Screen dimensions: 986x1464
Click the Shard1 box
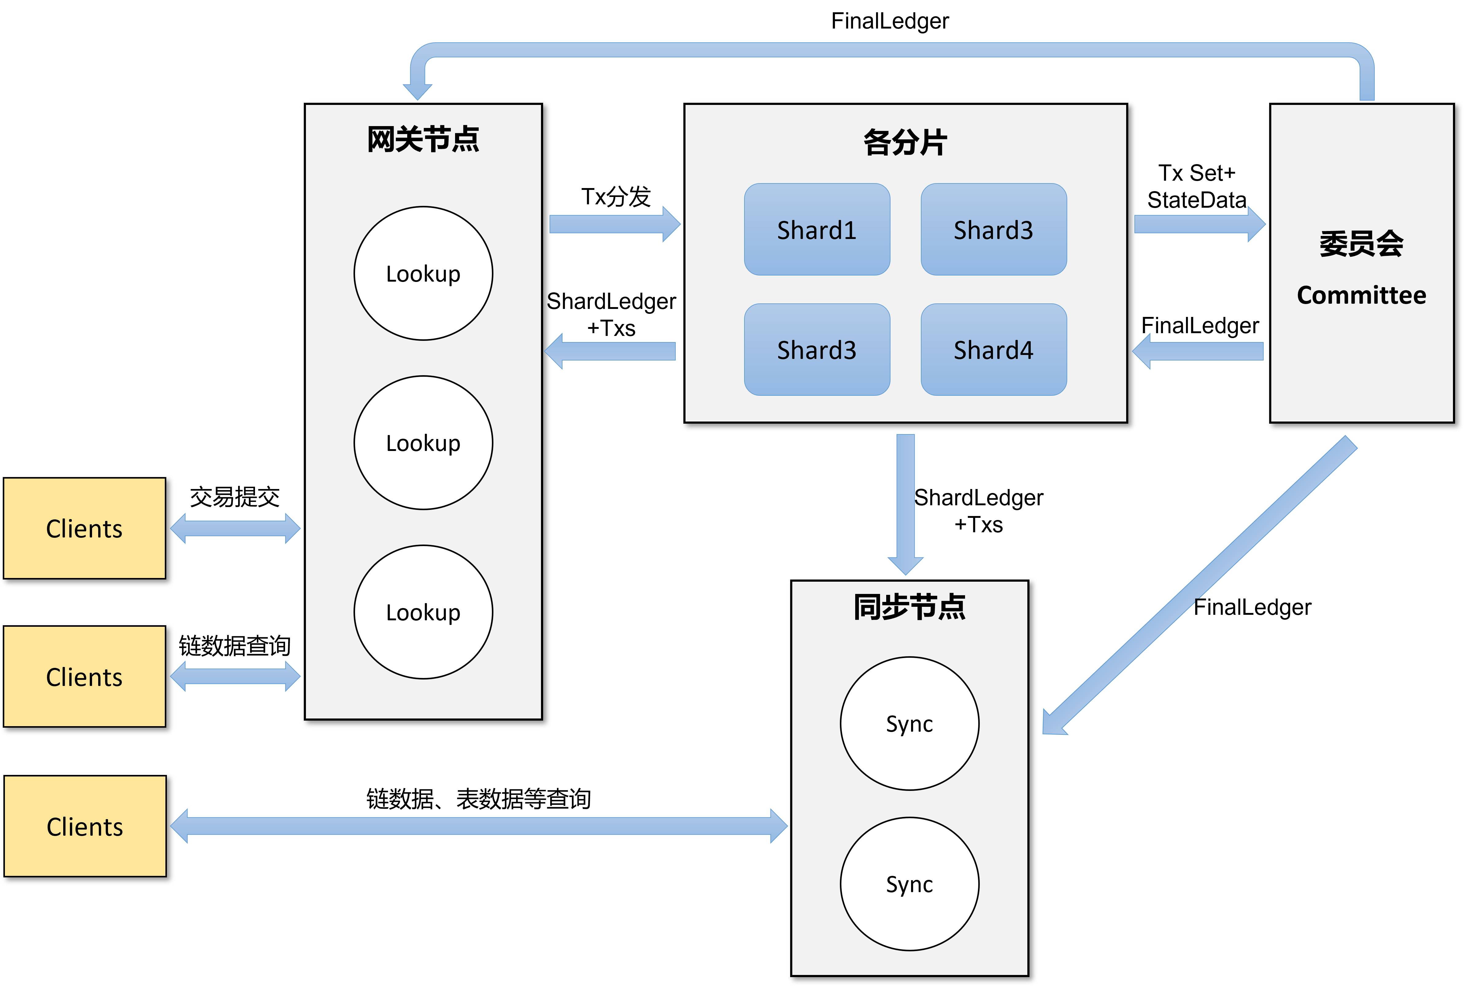pos(817,229)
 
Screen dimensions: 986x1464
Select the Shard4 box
pos(994,350)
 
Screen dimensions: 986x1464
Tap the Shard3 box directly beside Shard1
pos(994,229)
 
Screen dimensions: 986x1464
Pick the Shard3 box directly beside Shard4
pos(817,350)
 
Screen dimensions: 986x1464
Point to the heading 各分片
pos(905,142)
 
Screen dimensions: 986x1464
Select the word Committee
pos(1362,295)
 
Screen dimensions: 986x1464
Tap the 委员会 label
pos(1362,243)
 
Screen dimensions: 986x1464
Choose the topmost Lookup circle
pos(423,274)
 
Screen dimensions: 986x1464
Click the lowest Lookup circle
pos(423,612)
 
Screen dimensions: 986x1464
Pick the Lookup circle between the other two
pos(423,443)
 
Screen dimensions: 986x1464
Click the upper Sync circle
pos(909,724)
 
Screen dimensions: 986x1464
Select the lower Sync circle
pos(909,884)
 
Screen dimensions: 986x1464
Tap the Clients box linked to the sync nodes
pos(85,826)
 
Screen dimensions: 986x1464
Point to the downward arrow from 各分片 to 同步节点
pos(906,503)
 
